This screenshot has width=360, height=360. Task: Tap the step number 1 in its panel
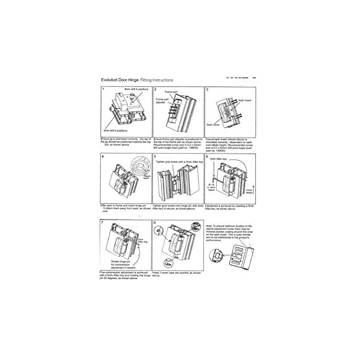103,89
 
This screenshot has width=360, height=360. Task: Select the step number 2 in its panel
155,89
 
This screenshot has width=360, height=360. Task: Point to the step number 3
207,89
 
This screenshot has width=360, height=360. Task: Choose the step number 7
103,223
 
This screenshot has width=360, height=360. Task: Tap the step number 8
155,223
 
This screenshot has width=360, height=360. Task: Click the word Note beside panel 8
209,225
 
